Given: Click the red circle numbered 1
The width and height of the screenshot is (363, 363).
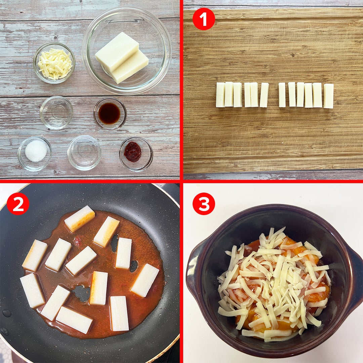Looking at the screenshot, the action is (204, 19).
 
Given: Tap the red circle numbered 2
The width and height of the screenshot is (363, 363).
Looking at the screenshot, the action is (18, 204).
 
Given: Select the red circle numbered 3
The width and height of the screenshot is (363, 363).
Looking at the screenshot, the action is (204, 204).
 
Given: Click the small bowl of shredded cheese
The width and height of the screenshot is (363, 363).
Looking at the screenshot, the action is (54, 63).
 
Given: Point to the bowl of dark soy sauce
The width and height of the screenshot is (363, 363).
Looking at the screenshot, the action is (110, 114).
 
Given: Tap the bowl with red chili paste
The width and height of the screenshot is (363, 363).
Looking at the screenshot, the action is (136, 154).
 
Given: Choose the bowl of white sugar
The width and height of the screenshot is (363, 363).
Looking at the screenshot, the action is (35, 154).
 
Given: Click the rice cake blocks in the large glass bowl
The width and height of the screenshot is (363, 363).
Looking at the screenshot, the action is (122, 58).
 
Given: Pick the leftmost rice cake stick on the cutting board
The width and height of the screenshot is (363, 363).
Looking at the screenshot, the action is (220, 95).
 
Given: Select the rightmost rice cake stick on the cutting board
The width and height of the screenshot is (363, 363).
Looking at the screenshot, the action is (328, 96).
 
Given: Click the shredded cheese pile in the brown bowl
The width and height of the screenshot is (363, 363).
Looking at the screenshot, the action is (273, 282).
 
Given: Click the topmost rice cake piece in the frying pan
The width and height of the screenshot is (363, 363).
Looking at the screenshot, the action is (79, 218).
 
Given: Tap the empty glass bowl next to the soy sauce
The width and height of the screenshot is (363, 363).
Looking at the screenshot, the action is (56, 113).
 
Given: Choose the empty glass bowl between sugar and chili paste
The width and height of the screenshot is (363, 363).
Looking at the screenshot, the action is (84, 153).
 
